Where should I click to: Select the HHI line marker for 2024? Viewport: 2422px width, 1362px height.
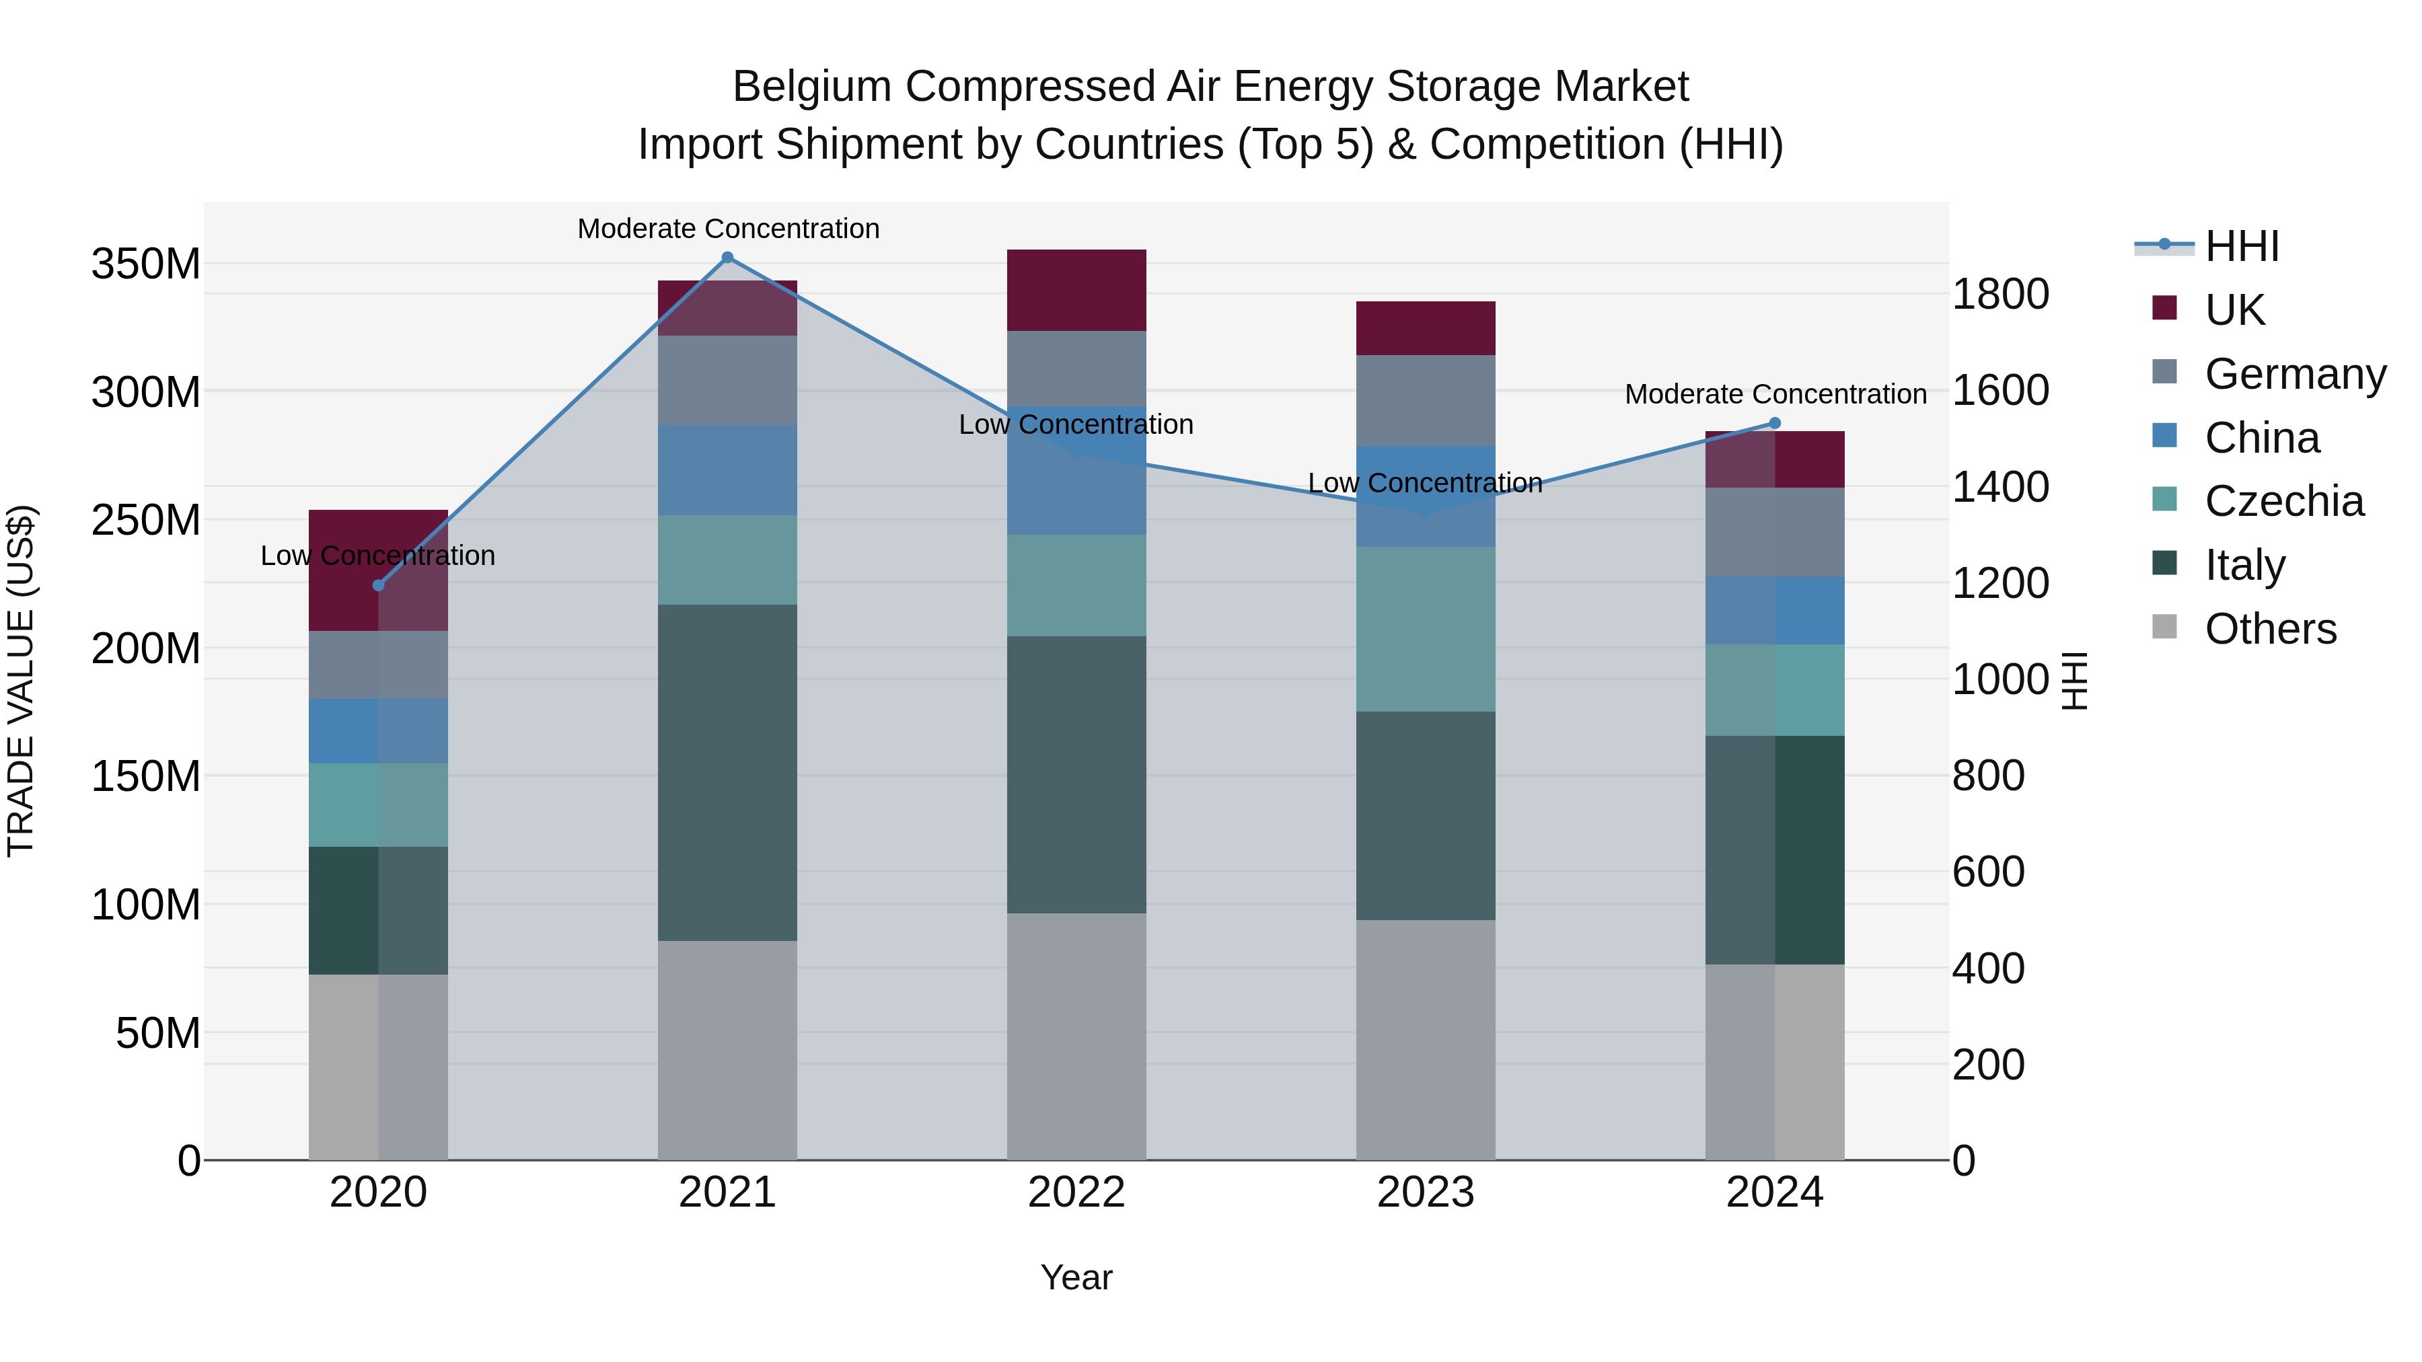1775,423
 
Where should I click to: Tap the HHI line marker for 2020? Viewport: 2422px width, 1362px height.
378,586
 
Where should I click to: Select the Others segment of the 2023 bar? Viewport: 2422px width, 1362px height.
1426,1040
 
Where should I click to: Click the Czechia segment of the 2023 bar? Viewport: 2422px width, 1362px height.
1426,629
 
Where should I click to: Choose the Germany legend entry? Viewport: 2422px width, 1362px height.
2294,374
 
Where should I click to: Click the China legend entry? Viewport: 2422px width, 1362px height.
2261,438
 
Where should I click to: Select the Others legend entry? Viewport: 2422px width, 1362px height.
2270,629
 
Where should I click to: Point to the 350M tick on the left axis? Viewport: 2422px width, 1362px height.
146,264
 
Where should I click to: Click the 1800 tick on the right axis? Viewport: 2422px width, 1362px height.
2000,294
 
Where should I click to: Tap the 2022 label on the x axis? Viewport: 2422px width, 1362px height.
1076,1193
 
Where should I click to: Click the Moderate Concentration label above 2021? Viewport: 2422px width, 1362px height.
728,229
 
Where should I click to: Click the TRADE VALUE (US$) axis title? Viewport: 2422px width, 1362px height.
21,681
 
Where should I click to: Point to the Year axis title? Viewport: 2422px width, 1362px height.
1076,1277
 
